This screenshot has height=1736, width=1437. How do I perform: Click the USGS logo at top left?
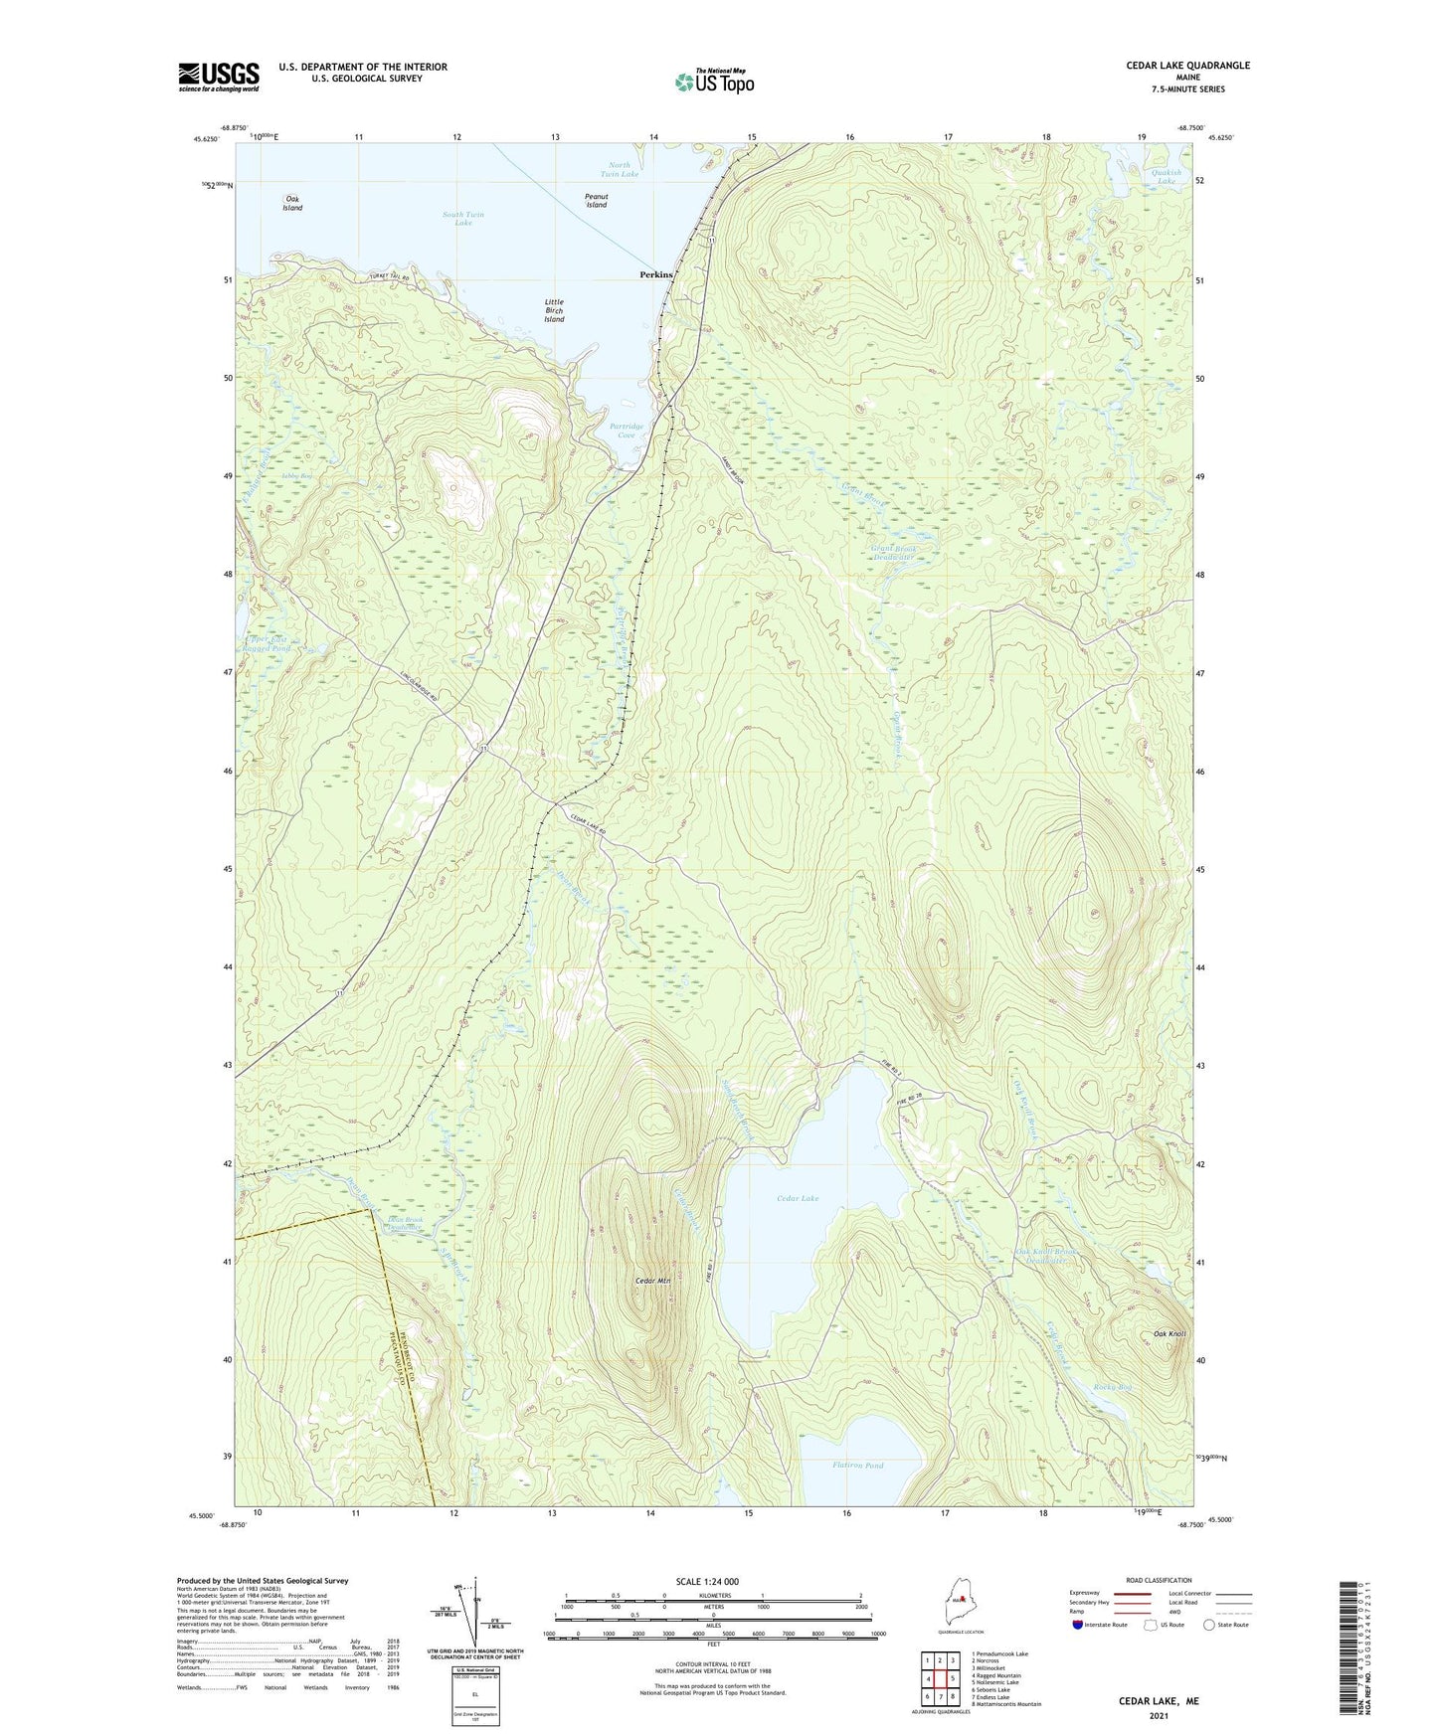219,77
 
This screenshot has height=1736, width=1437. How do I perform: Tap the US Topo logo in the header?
714,82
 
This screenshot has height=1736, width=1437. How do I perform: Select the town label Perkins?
656,274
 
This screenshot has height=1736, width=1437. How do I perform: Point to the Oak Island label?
292,204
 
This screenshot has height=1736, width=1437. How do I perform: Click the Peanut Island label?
596,201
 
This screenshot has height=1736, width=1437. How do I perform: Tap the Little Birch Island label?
554,311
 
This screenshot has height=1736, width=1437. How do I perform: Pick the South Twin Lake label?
463,219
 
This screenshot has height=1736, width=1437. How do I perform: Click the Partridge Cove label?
627,431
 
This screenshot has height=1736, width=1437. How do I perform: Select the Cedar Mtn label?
652,1281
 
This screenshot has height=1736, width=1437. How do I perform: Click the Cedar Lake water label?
798,1198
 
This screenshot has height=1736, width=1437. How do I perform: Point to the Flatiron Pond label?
857,1466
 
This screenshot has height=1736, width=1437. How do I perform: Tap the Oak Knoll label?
1169,1333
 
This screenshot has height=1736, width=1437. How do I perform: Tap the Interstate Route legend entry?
1103,1625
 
